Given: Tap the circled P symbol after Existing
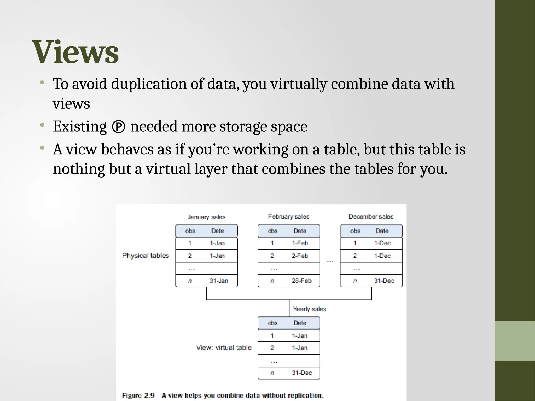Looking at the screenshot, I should [118, 127].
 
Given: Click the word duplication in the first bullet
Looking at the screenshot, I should [149, 84].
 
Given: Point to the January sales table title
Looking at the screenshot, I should [206, 217].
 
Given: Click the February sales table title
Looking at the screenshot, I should [289, 216].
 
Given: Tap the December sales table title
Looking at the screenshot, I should [371, 216].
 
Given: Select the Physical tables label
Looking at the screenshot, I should [146, 256].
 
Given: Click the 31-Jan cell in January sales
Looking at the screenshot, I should [219, 281].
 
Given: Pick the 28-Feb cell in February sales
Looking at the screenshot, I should [301, 281].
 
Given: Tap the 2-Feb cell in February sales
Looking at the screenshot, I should [300, 256].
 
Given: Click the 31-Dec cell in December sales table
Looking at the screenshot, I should [384, 281].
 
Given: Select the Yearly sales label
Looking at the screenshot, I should [310, 309].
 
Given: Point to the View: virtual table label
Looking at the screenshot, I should [224, 348].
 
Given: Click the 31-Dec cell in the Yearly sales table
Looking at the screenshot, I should [302, 373].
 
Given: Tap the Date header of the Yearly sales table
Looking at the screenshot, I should [300, 323].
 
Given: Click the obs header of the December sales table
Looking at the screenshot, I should [355, 231].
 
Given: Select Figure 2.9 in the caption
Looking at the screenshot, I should [138, 396].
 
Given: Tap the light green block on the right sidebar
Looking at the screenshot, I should [515, 341].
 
